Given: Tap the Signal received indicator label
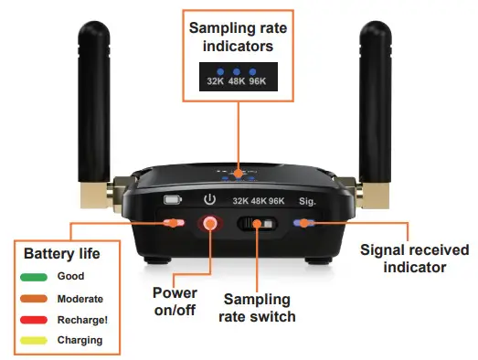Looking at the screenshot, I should pos(415,258).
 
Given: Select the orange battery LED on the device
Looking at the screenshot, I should pos(171,222).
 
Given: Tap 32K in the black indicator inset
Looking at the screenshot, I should pos(216,80).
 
